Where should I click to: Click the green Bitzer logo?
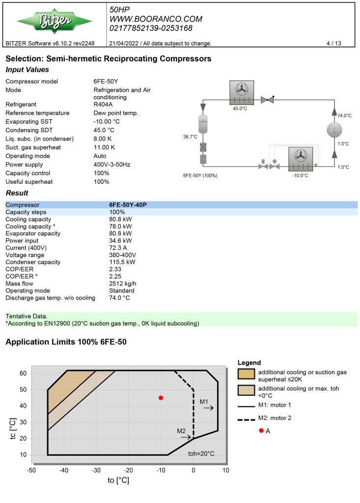55,21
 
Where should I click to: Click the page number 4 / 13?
333,43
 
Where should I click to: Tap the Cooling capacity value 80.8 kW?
120,219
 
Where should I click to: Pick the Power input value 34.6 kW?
120,241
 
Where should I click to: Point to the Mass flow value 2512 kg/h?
123,283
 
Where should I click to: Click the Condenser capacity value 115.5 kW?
122,262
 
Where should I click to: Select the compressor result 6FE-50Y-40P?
128,205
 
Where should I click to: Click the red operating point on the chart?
161,398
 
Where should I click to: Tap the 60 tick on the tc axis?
23,373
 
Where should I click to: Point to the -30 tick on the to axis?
96,470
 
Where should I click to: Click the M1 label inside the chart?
204,402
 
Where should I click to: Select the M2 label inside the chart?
181,431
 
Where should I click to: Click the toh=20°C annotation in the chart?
201,453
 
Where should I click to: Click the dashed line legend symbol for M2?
247,419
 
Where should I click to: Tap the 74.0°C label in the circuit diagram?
344,115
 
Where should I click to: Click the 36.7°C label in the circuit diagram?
190,137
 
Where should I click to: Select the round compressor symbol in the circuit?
334,130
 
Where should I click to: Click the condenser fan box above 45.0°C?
242,92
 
